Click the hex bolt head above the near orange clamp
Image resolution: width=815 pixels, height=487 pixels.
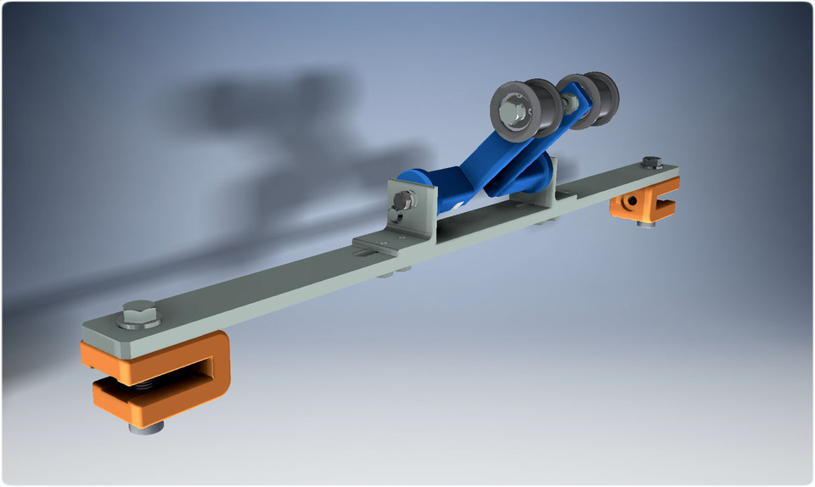(x=138, y=316)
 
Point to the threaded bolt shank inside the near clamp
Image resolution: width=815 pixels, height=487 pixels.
(x=145, y=385)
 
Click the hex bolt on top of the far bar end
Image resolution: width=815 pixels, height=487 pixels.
(x=651, y=161)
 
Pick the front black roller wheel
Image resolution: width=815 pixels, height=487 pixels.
(x=520, y=111)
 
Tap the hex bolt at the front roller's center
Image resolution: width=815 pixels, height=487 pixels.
(x=512, y=111)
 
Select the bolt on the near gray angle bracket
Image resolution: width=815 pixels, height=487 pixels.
(x=403, y=202)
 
